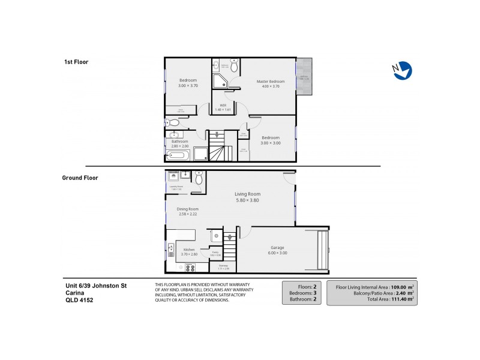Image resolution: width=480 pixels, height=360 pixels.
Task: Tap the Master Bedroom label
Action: pos(270,81)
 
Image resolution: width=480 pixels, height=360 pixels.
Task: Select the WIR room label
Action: pos(222,105)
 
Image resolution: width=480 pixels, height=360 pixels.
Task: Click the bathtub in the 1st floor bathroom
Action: pos(179,155)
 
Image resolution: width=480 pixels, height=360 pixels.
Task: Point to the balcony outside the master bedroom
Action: pos(304,77)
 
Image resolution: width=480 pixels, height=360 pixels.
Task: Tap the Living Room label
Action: pos(247,194)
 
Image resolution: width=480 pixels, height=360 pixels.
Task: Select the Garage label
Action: pos(277,247)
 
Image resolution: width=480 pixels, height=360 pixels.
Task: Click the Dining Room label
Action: pos(187,209)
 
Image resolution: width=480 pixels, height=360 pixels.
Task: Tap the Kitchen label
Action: pos(189,249)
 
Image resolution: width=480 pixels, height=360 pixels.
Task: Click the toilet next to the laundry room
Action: pos(199,178)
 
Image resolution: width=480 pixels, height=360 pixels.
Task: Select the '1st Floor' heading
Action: pos(76,62)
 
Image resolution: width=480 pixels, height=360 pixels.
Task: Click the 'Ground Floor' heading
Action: pos(80,178)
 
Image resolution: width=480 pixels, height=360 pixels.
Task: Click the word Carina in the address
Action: pos(74,293)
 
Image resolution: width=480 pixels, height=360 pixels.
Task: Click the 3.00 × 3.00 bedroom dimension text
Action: pos(270,143)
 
